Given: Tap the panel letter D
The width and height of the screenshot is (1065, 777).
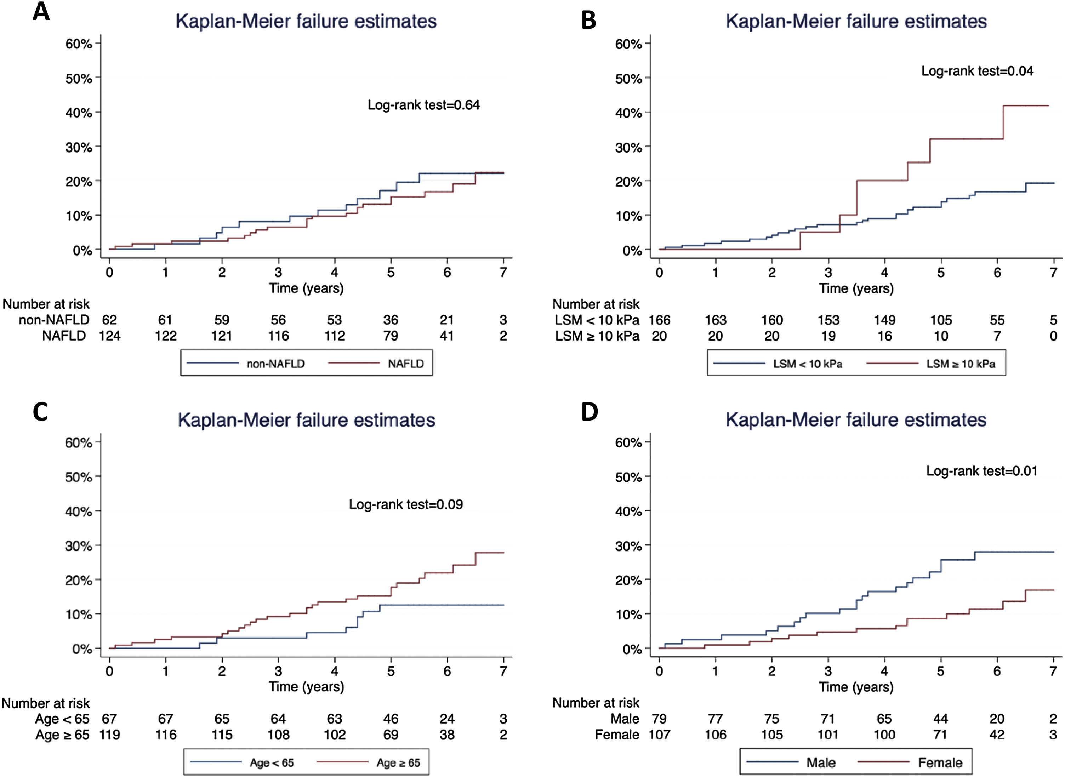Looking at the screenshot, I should [x=590, y=412].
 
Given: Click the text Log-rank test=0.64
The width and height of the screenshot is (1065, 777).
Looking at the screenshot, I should [x=423, y=105].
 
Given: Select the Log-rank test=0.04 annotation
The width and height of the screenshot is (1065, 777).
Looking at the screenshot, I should [x=977, y=71].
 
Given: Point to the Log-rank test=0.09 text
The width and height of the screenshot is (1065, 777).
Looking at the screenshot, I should [x=405, y=505].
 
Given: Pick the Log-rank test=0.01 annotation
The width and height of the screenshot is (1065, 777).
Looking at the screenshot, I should [x=982, y=471].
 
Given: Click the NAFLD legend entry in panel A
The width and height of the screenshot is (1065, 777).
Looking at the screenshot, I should [x=405, y=364].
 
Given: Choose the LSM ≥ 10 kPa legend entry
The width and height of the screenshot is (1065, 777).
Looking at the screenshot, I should [x=961, y=364].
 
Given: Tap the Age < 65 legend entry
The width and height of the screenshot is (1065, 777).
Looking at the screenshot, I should [x=272, y=762].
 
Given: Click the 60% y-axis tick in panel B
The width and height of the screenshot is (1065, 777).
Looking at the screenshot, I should [x=628, y=44].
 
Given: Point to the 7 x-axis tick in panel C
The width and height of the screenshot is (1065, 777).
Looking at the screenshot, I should [x=503, y=671].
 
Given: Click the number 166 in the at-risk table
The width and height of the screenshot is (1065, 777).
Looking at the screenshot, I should [x=659, y=320].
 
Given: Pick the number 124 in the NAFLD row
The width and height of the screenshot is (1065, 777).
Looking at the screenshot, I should [x=109, y=336].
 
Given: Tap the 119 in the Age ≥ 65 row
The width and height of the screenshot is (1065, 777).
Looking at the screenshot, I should [x=109, y=735].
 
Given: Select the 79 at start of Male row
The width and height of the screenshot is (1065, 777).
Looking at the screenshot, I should [x=659, y=719].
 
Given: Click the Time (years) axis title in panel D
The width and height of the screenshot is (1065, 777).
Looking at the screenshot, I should [x=856, y=687].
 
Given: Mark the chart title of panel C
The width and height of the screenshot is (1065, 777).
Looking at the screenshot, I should [x=306, y=419].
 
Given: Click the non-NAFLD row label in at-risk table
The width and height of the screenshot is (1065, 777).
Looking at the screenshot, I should [x=54, y=320].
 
